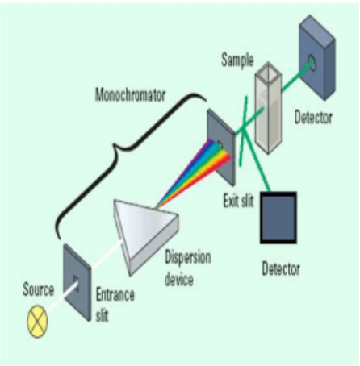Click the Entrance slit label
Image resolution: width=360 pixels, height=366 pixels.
tap(115, 303)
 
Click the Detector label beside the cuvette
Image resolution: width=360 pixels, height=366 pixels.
tap(312, 118)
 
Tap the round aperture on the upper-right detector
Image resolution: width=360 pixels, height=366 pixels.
tap(311, 59)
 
